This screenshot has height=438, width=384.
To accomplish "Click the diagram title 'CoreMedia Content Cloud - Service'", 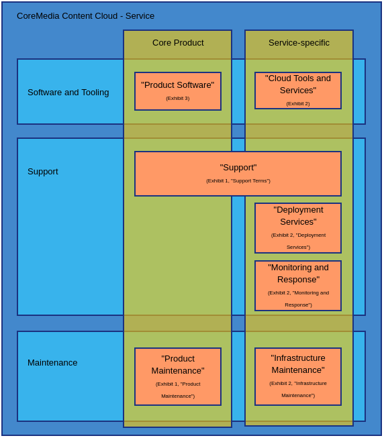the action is (x=85, y=16).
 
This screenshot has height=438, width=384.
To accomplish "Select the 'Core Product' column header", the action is (x=178, y=43).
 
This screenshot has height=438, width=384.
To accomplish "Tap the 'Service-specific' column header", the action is (x=299, y=43).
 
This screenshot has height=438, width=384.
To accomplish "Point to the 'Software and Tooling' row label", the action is (x=68, y=92).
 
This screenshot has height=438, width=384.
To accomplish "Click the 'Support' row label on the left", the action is (x=43, y=171).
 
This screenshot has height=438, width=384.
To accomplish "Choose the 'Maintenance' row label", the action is (x=52, y=363).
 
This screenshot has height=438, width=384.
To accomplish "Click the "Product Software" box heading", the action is (x=178, y=85).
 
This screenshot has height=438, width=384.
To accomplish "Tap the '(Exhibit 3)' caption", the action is (x=178, y=99).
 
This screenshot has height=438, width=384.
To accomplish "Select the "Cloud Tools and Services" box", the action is (x=298, y=91).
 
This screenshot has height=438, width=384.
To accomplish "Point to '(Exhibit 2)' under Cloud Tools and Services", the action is (x=298, y=104).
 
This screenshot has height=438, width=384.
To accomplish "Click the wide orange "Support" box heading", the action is (x=238, y=168).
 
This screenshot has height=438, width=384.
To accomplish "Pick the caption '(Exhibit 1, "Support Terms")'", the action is (x=238, y=180).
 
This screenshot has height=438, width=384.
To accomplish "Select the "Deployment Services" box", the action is (x=298, y=228).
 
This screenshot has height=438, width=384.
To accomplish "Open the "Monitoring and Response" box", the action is (x=298, y=286).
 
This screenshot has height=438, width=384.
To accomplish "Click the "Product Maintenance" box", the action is (x=178, y=376).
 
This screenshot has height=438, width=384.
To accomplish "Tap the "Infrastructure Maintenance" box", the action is (x=298, y=376).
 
